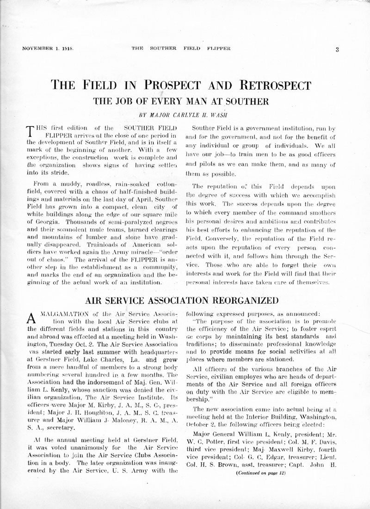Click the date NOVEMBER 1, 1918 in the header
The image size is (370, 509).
pyautogui.click(x=49, y=48)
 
